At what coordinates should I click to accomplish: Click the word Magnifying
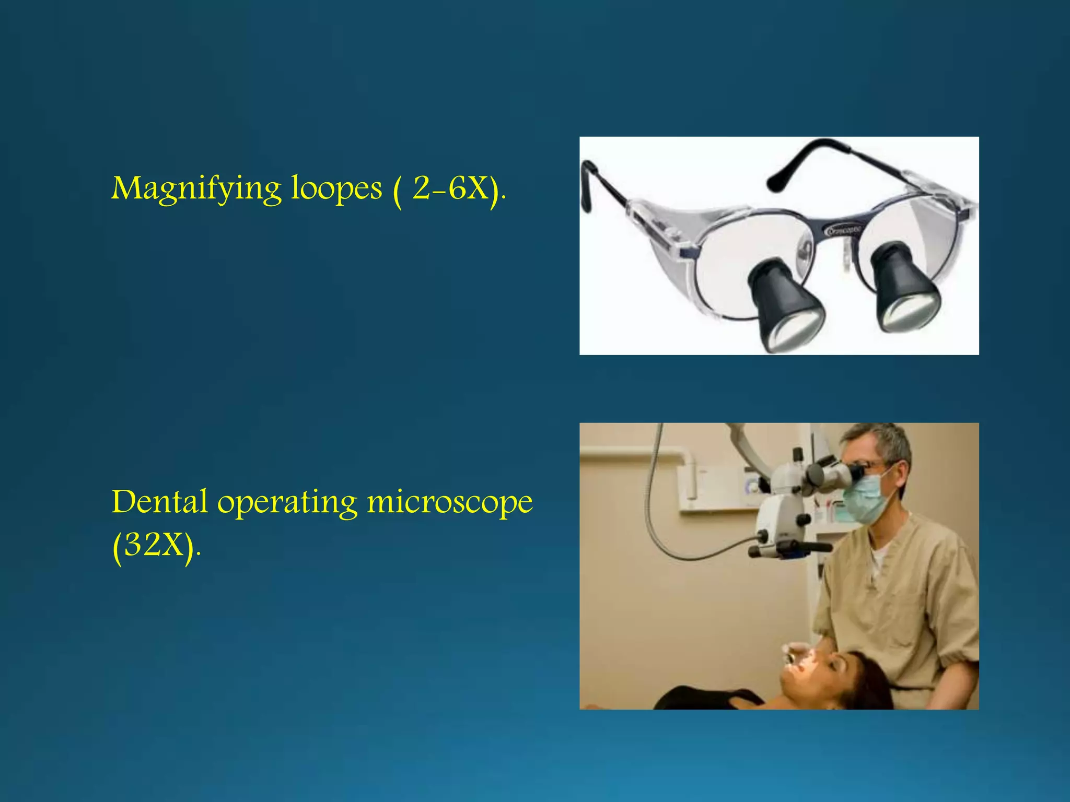click(x=196, y=189)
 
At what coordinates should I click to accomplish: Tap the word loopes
click(x=336, y=189)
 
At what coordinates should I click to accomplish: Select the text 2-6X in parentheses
click(x=451, y=189)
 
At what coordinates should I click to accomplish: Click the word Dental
click(x=159, y=502)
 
